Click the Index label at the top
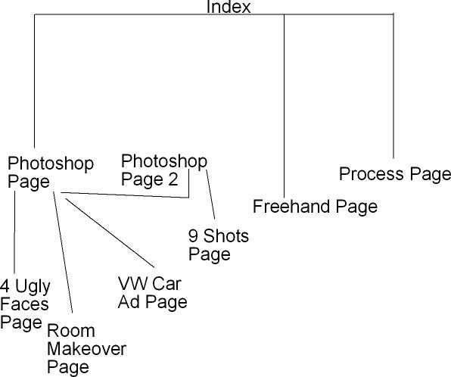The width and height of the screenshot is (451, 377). click(x=229, y=7)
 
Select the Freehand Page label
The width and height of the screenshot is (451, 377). click(x=316, y=207)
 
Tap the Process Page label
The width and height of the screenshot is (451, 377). click(x=395, y=174)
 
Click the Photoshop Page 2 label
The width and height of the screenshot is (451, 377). click(x=164, y=170)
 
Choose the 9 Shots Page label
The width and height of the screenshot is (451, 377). click(x=219, y=245)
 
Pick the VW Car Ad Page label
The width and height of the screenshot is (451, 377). click(x=153, y=293)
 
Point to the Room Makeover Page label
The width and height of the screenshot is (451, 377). click(x=86, y=349)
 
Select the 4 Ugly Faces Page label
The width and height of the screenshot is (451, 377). click(x=25, y=304)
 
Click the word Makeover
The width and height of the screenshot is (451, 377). click(x=86, y=349)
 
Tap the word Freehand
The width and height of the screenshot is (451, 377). click(x=291, y=207)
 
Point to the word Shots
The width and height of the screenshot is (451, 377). click(x=226, y=236)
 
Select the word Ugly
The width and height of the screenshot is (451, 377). click(x=33, y=287)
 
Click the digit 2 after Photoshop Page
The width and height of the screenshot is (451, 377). click(x=173, y=179)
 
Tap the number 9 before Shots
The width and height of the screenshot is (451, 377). click(x=193, y=236)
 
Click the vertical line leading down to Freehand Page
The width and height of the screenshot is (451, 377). click(x=285, y=106)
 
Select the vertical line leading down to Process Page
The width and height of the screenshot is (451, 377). click(x=393, y=86)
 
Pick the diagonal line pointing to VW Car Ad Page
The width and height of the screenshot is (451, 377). click(x=110, y=233)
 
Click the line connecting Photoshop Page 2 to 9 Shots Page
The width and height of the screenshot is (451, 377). click(x=210, y=195)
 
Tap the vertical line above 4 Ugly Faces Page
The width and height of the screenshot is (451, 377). click(x=14, y=232)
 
